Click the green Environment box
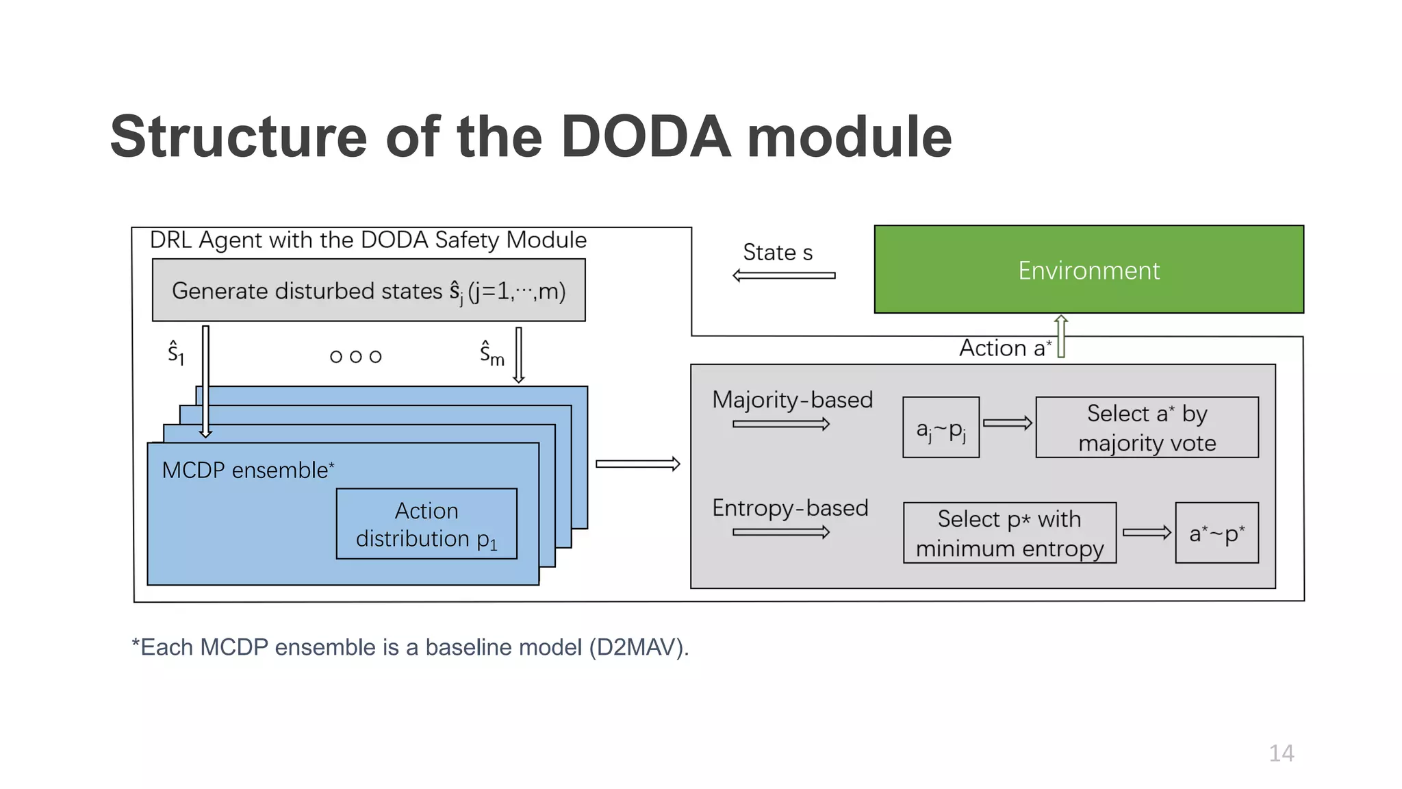pos(1088,269)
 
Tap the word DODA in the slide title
pos(646,137)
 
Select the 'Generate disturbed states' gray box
pos(368,290)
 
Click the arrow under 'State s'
pos(784,275)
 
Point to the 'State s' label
pos(778,252)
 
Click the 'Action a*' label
pos(1004,348)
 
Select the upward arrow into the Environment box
pos(1061,336)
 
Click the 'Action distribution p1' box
pos(426,524)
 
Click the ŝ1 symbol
pos(176,353)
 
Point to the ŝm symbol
pos(492,353)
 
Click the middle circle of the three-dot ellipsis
pos(355,357)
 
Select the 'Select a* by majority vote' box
pos(1147,427)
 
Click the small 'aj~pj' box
pos(941,428)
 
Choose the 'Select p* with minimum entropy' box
pos(1009,533)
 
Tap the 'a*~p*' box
pos(1216,533)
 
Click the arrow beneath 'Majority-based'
pos(781,424)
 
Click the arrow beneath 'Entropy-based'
pos(781,532)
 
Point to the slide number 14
pos(1281,753)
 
